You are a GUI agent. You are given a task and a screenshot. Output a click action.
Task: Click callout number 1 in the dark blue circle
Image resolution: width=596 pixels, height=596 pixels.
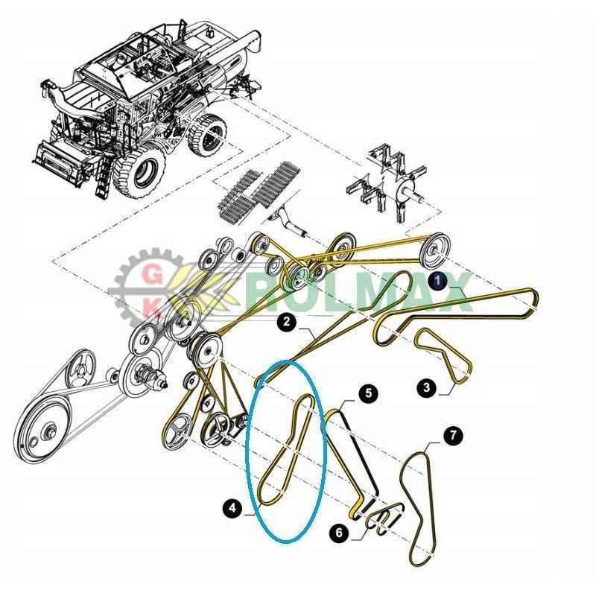point(439,281)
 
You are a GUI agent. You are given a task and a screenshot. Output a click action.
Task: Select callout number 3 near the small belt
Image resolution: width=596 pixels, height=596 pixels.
point(426,387)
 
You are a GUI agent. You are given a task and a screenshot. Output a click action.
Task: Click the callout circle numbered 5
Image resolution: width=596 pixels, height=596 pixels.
point(367,393)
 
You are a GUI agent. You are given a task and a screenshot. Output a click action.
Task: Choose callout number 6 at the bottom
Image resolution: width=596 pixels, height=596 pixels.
point(340,533)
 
